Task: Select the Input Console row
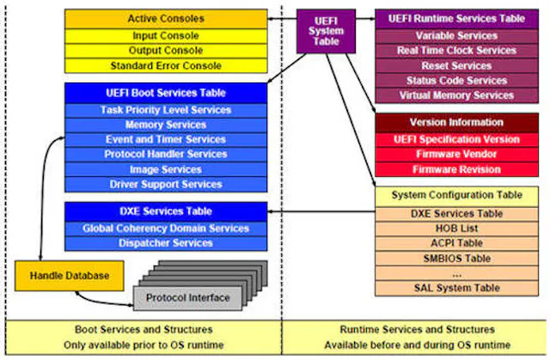166,36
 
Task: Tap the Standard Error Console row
166,65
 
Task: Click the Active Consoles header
166,18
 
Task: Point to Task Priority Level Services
166,110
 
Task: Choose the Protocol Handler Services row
166,154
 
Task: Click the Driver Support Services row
166,184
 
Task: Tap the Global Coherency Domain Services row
166,228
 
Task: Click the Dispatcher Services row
166,243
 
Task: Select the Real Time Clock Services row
456,51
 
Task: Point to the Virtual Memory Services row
456,95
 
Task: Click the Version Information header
456,123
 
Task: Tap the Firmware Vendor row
456,154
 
